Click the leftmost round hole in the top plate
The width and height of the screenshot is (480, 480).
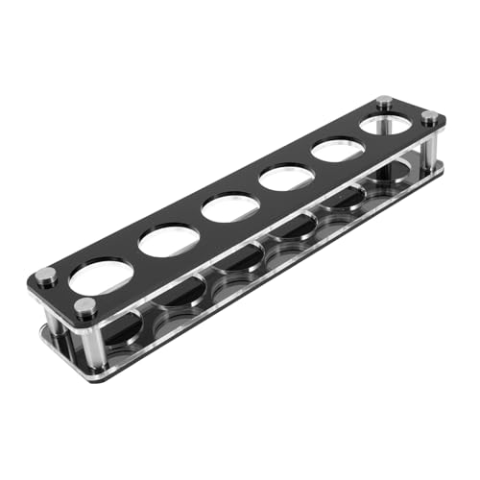[100, 276]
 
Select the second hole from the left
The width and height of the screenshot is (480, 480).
[168, 240]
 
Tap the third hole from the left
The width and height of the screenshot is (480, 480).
[228, 206]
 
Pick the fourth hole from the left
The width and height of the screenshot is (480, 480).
[286, 177]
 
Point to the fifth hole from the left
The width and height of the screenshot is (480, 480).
[338, 150]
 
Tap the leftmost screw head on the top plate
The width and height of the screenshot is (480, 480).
[45, 276]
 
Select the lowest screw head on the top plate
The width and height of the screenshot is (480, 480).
[85, 307]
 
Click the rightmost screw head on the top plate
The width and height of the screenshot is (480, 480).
[429, 118]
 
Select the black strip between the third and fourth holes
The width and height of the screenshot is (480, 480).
[257, 192]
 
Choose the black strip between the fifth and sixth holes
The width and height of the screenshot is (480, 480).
[362, 137]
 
